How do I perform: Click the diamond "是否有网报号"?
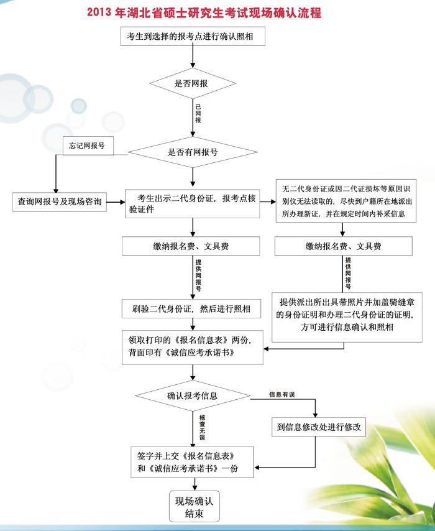[193, 151]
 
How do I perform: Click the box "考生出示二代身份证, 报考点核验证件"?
[192, 203]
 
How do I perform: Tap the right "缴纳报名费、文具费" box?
[343, 246]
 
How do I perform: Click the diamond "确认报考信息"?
[193, 395]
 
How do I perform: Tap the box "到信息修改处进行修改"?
[318, 428]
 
